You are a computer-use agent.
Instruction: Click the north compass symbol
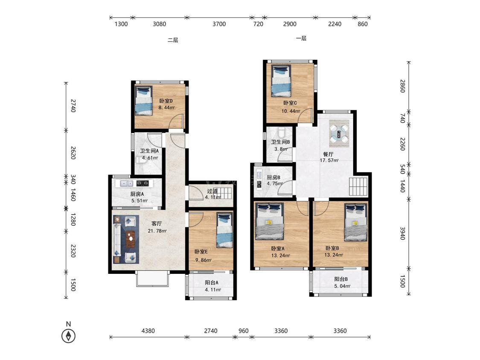[x=69, y=336]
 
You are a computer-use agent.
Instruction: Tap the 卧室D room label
[x=166, y=101]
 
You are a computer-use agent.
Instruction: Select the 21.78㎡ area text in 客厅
[x=157, y=231]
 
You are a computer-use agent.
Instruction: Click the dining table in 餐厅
[x=339, y=134]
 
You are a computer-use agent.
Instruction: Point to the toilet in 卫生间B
[x=282, y=132]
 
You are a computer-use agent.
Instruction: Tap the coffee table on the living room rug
[x=131, y=238]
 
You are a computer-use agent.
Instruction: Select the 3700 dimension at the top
[x=219, y=24]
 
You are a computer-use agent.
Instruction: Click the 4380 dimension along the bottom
[x=148, y=331]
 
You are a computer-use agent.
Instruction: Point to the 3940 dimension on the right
[x=402, y=233]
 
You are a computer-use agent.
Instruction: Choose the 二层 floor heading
[x=173, y=40]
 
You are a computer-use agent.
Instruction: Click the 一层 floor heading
[x=301, y=38]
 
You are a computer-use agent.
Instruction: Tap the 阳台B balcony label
[x=341, y=279]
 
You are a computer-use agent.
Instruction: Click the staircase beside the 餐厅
[x=358, y=186]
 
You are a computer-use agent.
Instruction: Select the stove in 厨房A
[x=145, y=183]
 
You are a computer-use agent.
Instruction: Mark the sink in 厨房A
[x=126, y=183]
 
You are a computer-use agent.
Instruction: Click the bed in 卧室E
[x=225, y=230]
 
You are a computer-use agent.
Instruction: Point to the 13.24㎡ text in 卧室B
[x=334, y=255]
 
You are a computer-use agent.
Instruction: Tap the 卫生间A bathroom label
[x=149, y=151]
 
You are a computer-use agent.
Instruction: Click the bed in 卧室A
[x=269, y=221]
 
